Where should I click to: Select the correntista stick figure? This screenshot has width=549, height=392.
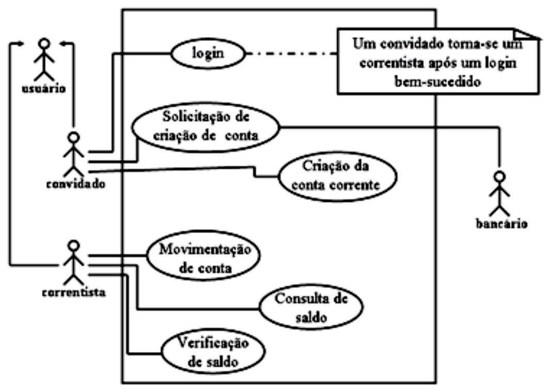point(74,262)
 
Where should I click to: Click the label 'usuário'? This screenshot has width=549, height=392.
point(44,89)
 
